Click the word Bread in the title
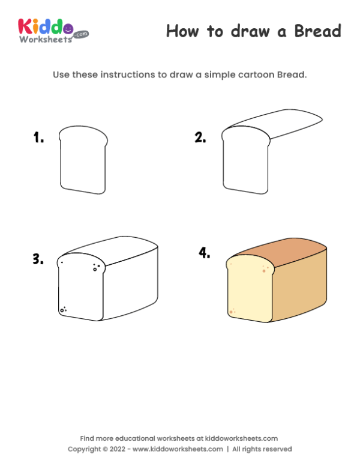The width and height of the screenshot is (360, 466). (x=317, y=31)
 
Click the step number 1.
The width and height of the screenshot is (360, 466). (x=38, y=138)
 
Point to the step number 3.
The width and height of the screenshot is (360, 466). (x=38, y=259)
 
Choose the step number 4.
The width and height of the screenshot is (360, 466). (x=205, y=253)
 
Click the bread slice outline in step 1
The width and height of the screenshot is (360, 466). (x=83, y=160)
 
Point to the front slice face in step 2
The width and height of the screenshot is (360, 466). (x=244, y=162)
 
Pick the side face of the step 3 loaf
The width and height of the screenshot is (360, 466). (x=132, y=285)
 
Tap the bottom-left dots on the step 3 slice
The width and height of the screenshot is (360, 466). (x=62, y=310)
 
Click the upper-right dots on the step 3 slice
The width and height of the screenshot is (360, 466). (x=95, y=268)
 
